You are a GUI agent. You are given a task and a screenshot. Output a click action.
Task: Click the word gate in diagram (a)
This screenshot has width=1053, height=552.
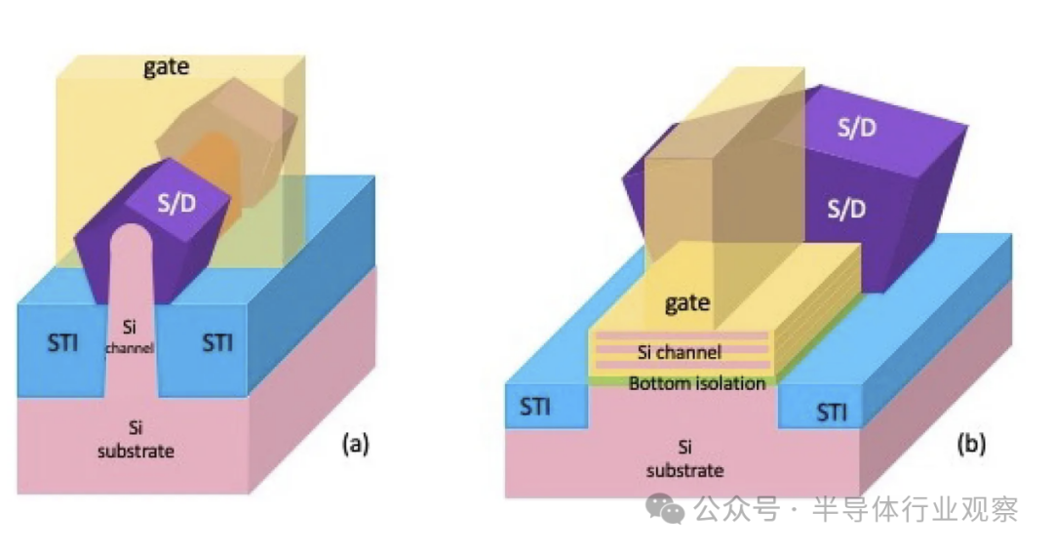(x=166, y=67)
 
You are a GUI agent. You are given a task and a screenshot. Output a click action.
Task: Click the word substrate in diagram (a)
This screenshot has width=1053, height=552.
(x=136, y=452)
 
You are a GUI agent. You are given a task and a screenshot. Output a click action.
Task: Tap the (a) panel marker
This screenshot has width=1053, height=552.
(x=354, y=445)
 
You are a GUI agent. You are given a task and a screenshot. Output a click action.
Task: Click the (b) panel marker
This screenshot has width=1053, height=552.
(x=971, y=445)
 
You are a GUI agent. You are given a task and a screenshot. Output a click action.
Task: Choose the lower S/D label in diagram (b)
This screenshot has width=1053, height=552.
(x=845, y=209)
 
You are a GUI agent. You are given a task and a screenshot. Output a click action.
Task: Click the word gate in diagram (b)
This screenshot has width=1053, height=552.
(x=686, y=303)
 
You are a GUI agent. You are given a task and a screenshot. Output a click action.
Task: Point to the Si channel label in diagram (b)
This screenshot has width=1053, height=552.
(x=679, y=352)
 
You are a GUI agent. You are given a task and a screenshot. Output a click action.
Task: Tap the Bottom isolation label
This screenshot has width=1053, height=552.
(x=696, y=383)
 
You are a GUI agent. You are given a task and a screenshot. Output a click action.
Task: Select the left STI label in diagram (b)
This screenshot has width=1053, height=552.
(x=534, y=407)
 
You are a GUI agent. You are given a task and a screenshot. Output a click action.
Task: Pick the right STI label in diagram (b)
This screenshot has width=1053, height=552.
(x=832, y=413)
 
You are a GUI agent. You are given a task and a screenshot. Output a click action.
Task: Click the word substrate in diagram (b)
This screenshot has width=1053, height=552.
(x=686, y=470)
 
